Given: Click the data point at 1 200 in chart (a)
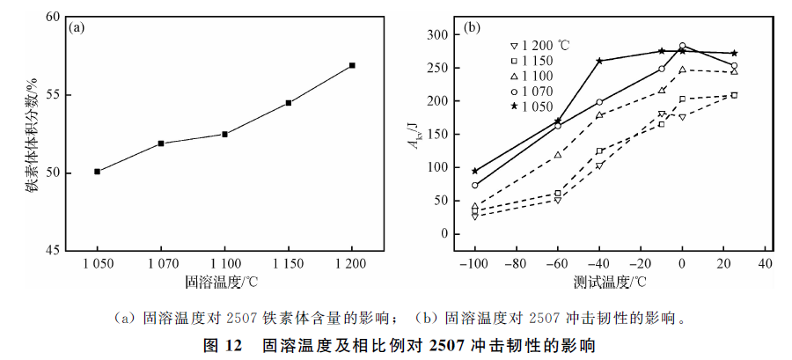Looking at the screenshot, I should point(352,65).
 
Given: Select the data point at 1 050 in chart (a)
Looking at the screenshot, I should point(97,172).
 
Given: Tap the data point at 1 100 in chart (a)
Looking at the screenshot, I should point(224,134).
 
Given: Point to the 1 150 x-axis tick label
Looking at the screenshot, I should point(288,265).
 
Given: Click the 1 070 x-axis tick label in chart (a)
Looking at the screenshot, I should point(161,265).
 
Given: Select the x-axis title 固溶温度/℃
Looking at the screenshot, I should point(224,282).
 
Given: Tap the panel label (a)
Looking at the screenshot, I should point(77,27).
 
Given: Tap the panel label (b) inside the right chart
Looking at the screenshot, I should point(472,27).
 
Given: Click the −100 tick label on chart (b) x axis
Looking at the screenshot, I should point(473,263).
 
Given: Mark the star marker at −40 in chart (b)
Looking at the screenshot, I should point(599,61).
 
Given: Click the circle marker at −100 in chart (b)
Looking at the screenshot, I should point(475,186).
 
